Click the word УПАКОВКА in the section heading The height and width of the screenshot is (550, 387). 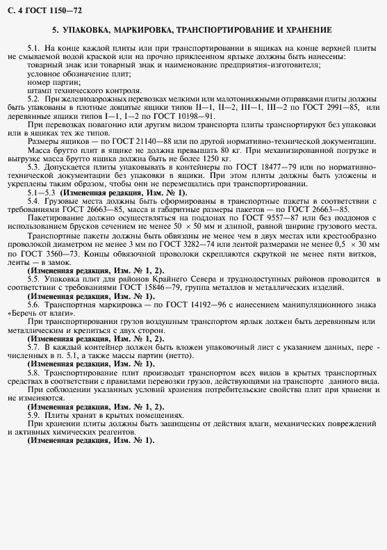click(90, 31)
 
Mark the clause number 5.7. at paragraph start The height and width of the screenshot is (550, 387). click(34, 345)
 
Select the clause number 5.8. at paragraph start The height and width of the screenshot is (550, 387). click(34, 373)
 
